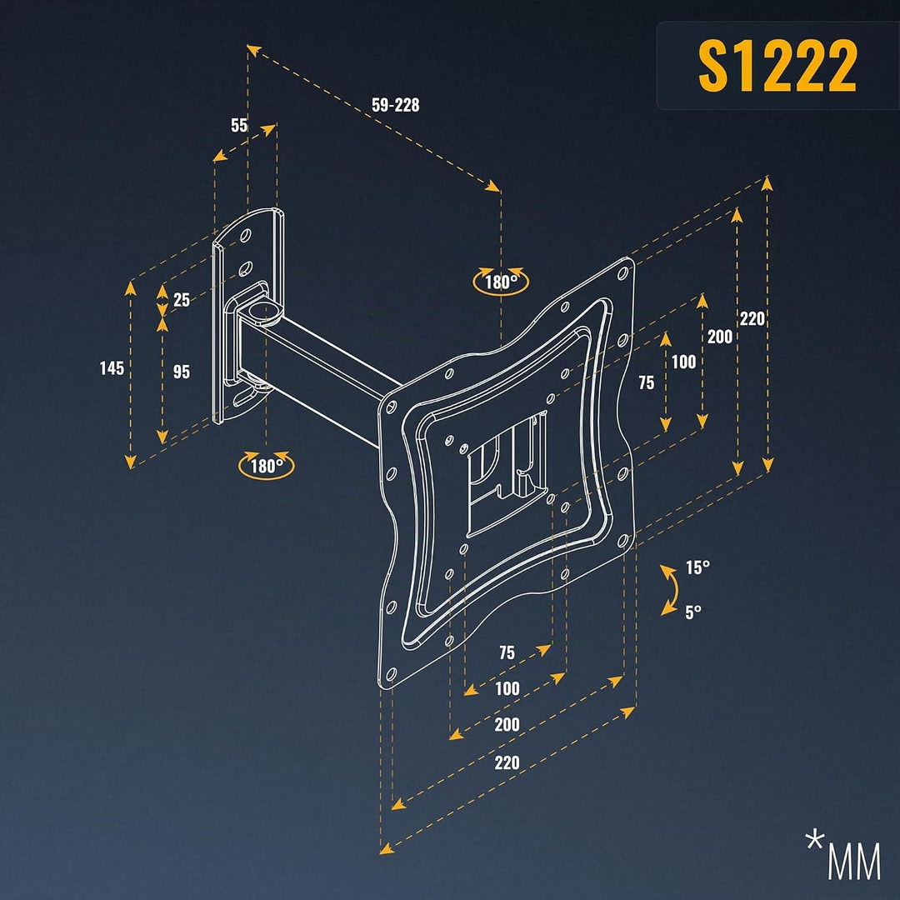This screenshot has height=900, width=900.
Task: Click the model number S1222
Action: [777, 66]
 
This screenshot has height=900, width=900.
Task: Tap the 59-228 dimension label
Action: [396, 105]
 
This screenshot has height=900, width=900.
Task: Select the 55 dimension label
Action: [239, 124]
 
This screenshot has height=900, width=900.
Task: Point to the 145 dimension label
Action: [112, 368]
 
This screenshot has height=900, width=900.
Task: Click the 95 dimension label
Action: [182, 372]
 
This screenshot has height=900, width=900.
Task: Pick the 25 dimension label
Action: [182, 300]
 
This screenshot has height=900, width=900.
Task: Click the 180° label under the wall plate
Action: [267, 466]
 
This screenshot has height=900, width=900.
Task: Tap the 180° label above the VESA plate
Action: [501, 282]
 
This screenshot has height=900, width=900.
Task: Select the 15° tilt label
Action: [697, 567]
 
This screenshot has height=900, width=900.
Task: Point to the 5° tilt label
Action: [693, 612]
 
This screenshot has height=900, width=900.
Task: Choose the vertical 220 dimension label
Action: [752, 318]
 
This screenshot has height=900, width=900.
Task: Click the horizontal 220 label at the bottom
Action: [507, 762]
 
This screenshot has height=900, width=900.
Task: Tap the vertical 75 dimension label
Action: [647, 382]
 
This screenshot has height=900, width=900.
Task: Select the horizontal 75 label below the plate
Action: [507, 652]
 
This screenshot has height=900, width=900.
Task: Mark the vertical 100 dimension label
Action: [683, 362]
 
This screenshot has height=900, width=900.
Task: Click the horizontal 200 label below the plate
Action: [507, 724]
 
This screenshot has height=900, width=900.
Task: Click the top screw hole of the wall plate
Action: [246, 235]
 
